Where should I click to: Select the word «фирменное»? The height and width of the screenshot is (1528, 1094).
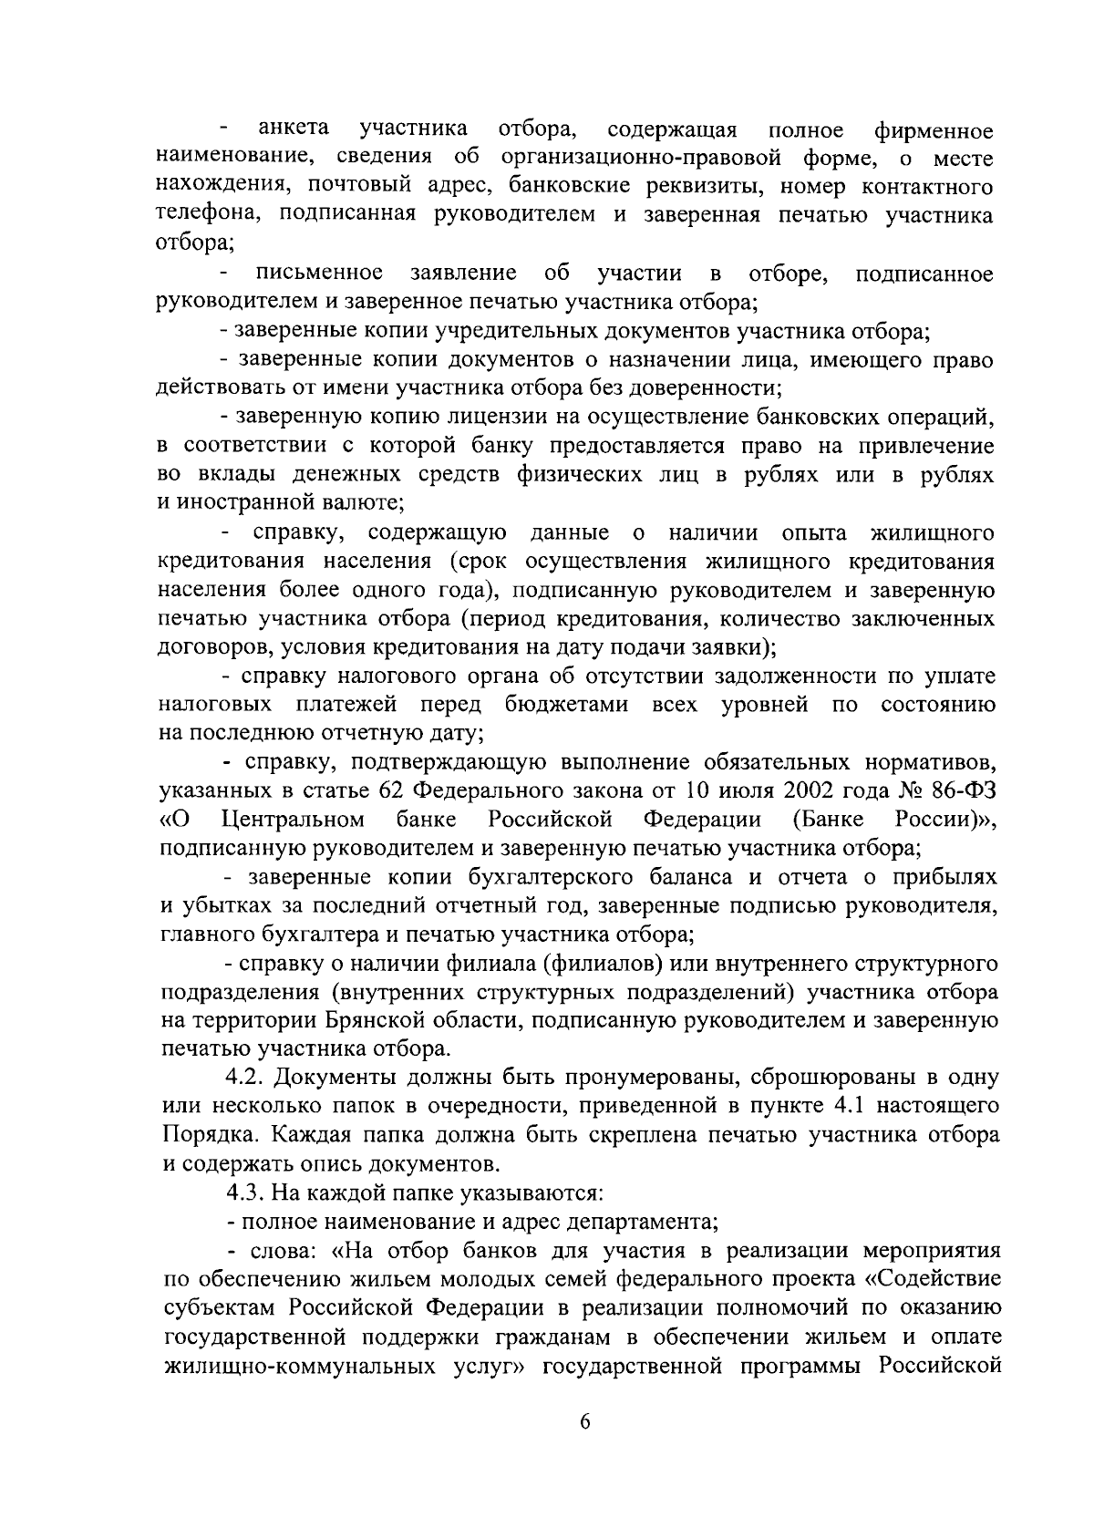pyautogui.click(x=934, y=129)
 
